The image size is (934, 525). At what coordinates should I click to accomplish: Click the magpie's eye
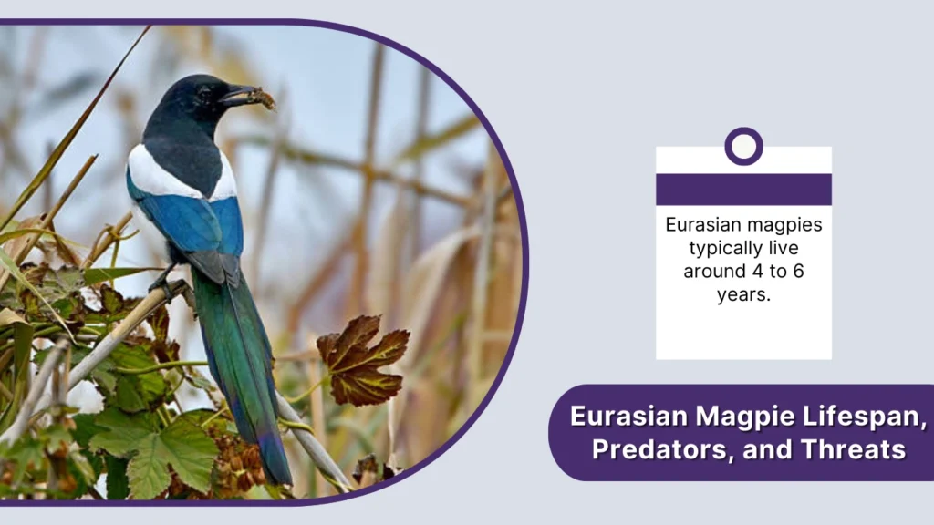(205, 93)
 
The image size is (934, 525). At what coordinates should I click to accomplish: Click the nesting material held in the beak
(263, 98)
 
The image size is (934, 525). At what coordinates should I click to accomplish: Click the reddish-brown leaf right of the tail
(362, 360)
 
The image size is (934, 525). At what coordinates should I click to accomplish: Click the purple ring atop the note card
(743, 146)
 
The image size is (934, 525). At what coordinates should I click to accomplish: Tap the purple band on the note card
(743, 190)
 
